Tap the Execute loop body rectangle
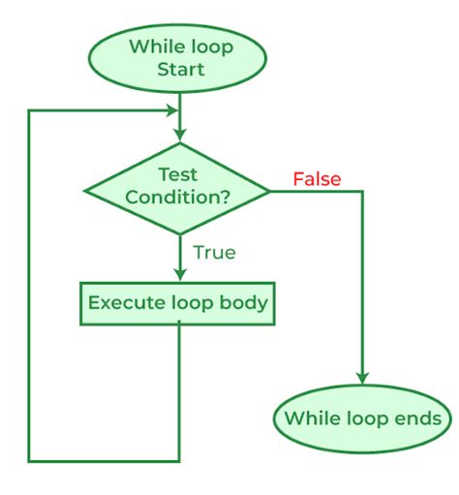(178, 302)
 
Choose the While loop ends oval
(363, 418)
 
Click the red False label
(317, 179)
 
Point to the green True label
(214, 252)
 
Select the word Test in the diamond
(178, 174)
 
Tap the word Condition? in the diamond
(178, 198)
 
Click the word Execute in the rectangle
(123, 302)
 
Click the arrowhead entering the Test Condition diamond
(178, 136)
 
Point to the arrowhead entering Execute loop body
(178, 274)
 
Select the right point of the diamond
(271, 191)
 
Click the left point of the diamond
(86, 191)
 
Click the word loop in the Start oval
(206, 46)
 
